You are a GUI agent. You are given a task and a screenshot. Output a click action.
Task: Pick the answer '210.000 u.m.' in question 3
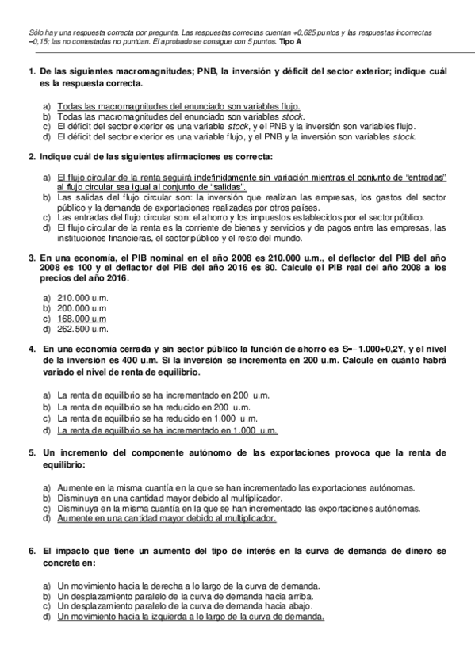82,298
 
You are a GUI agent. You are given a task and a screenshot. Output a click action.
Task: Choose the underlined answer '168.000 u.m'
82,319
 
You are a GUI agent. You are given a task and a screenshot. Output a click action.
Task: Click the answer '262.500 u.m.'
82,329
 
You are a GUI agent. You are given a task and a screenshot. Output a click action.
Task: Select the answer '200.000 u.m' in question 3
82,308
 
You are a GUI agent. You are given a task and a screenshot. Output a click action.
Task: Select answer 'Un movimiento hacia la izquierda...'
191,616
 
